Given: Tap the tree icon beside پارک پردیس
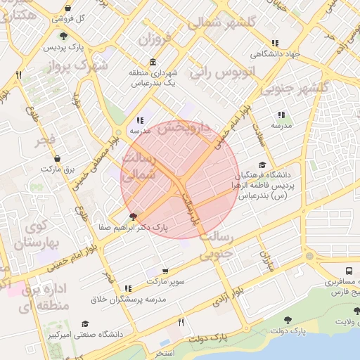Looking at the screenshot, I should click(x=64, y=36).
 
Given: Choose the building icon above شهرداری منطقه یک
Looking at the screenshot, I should click(x=153, y=62).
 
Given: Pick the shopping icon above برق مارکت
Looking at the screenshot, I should click(x=57, y=158).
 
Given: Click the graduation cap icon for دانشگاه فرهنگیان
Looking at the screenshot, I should click(x=262, y=165).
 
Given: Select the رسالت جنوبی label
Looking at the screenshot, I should click(x=216, y=247).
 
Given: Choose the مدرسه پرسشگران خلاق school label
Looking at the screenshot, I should click(x=128, y=300).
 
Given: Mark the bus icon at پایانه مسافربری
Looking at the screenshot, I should click(x=349, y=271).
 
